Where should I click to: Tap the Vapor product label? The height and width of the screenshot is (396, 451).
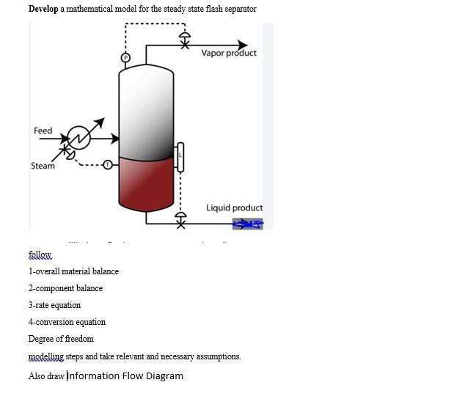coord(229,54)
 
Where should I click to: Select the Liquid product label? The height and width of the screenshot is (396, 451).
coord(234,208)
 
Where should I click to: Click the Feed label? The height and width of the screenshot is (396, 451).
coord(43,131)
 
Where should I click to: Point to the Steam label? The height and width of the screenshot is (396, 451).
coord(43,166)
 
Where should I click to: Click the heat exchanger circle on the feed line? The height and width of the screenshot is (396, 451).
coord(78,137)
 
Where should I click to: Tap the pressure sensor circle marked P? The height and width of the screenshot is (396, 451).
coord(125,57)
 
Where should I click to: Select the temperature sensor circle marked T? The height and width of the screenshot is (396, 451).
coord(107,164)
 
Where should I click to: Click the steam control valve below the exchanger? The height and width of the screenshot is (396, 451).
coord(67,153)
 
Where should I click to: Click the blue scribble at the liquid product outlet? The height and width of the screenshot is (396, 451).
coord(248,224)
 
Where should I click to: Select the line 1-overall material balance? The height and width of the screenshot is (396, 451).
coord(73,271)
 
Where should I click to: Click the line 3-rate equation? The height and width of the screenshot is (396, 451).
coord(55,305)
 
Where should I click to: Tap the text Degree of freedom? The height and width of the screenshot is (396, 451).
coord(61,339)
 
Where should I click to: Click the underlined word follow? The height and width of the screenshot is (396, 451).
coord(40,255)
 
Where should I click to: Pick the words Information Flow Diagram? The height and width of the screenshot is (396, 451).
coord(125,376)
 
